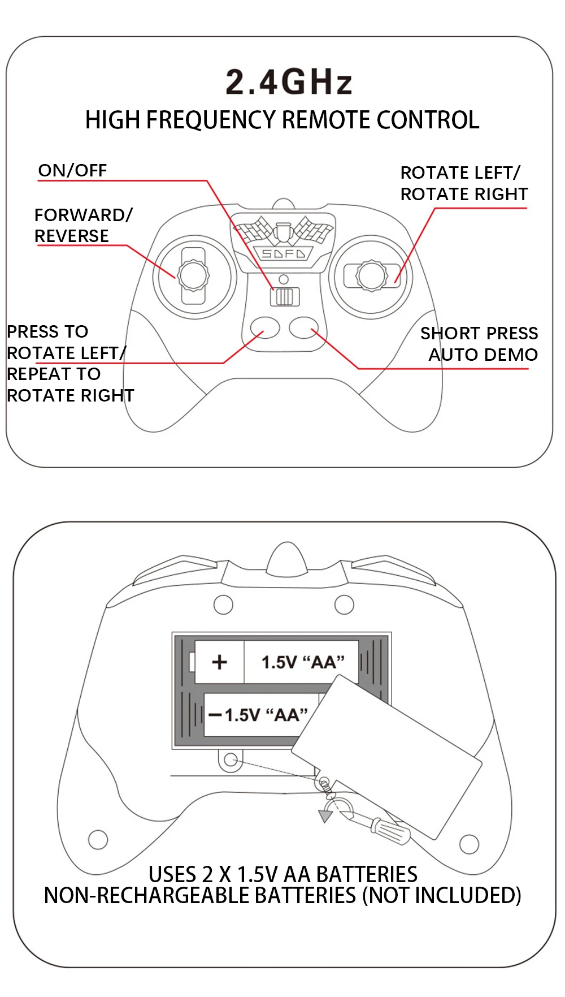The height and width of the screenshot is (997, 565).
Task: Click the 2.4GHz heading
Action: (x=289, y=82)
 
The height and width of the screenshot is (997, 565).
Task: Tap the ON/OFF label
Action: (x=72, y=170)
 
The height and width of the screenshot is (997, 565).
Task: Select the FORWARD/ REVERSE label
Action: (x=82, y=225)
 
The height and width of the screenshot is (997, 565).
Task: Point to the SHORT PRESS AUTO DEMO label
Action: (x=479, y=344)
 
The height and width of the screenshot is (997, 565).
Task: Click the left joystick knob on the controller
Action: (x=193, y=275)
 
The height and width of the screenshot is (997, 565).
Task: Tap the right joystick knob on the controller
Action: (x=371, y=275)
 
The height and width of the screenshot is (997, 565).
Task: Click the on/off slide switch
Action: (x=284, y=296)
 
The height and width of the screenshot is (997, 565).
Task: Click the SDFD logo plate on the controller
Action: (x=283, y=254)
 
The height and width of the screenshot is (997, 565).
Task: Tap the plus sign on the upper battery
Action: (x=219, y=662)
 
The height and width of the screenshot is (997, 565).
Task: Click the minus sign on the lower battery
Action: (x=215, y=715)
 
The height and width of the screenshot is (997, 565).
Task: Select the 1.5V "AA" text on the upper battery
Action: (x=303, y=662)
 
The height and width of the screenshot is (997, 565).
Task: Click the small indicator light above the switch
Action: (x=284, y=279)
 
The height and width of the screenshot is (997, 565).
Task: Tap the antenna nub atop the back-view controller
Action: (x=288, y=559)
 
